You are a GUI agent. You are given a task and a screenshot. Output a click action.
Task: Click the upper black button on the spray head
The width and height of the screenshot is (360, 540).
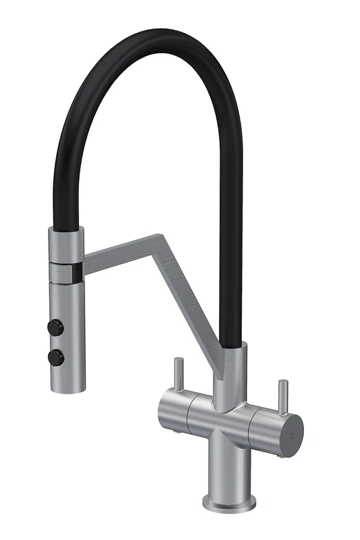pos(53,327)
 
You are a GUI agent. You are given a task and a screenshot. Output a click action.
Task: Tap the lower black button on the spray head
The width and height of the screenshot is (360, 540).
pos(55,357)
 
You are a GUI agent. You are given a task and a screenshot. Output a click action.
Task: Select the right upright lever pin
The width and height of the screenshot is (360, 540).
pos(282,398)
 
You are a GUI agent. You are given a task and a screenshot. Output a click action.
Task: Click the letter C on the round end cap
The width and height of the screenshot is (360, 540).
pos(292,435)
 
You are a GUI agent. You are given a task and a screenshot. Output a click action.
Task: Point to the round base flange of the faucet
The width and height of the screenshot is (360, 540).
pos(230,503)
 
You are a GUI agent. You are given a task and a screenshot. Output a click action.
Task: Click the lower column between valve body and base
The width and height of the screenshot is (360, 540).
pos(229,466)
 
